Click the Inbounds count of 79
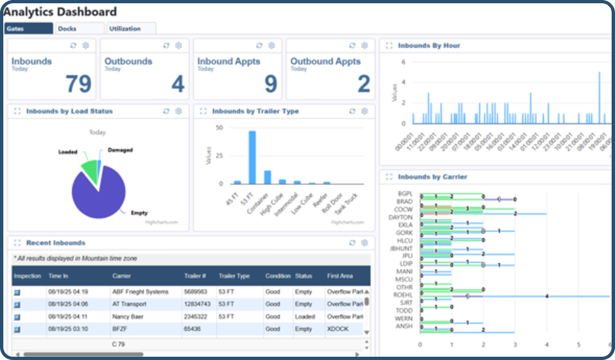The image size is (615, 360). (x=79, y=84)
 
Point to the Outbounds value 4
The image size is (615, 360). (x=178, y=84)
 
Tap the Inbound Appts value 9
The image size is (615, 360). (x=270, y=84)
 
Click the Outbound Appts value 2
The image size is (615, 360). (x=364, y=84)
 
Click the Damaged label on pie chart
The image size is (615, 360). (x=120, y=150)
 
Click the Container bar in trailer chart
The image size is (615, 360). (x=267, y=177)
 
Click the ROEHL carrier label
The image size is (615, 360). (x=403, y=295)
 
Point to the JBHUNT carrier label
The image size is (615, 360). (x=400, y=248)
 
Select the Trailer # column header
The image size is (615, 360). (x=195, y=276)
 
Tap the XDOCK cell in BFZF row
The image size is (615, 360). (x=337, y=329)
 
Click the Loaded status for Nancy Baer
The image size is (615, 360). (x=305, y=317)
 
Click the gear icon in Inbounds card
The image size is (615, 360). (x=86, y=46)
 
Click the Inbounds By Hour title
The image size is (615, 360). (x=429, y=46)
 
